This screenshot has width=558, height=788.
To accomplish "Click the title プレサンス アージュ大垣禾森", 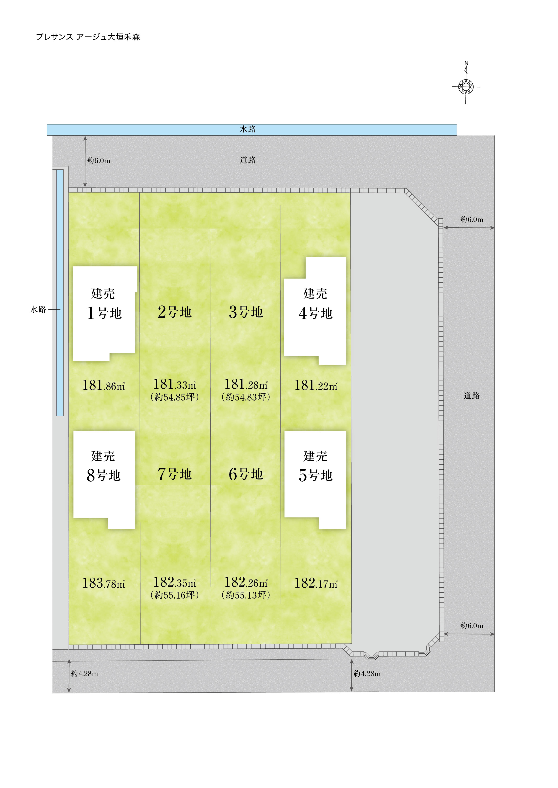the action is pos(88,37).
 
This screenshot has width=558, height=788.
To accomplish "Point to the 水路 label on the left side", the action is pos(38,310).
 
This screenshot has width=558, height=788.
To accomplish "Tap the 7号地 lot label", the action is pos(175,474).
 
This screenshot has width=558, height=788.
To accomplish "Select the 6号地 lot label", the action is pos(246,474).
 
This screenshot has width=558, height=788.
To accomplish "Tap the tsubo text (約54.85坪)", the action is pos(175,397).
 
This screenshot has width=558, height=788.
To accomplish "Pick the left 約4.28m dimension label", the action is pos(84,674).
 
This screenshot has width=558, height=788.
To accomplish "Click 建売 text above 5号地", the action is pos(315,456).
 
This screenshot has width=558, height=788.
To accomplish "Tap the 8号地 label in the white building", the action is pos(104,475).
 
